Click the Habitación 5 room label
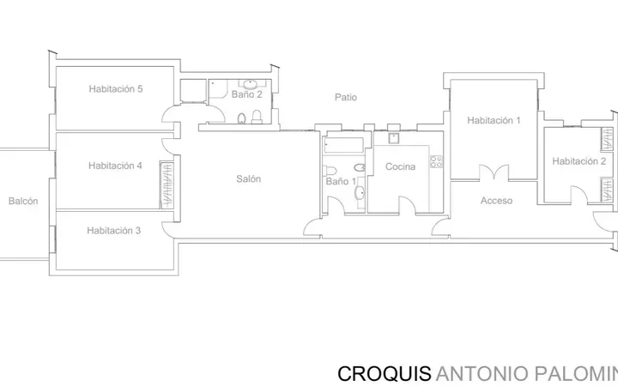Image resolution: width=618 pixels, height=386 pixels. click(116, 89)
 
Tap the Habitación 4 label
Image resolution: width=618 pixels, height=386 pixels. click(115, 166)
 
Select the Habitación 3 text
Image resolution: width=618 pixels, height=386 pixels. click(114, 231)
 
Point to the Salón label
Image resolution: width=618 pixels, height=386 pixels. click(249, 178)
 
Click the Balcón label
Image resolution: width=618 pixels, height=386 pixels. click(23, 201)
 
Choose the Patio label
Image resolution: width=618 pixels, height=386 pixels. click(346, 97)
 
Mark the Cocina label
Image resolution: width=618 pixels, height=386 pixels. click(401, 166)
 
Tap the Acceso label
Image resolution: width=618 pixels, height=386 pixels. click(497, 201)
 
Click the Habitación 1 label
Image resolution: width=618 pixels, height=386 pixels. click(494, 121)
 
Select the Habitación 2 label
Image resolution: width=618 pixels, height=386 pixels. click(579, 161)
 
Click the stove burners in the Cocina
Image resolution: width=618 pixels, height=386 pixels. click(436, 161)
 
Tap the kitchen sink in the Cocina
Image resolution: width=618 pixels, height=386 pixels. click(393, 138)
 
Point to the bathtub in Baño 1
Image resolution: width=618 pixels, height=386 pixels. click(343, 145)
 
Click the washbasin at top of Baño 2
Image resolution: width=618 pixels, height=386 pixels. click(250, 84)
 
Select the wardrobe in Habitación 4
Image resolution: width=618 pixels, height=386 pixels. click(167, 184)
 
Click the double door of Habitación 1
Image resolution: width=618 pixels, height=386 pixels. click(494, 172)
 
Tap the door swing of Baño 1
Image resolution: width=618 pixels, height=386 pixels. click(336, 205)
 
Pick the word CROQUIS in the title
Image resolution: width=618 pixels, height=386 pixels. click(385, 374)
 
